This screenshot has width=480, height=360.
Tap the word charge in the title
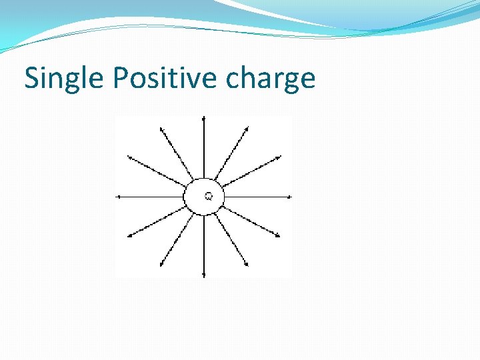point(270,79)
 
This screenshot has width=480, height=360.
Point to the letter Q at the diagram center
point(209,196)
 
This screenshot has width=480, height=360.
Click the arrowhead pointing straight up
point(204,118)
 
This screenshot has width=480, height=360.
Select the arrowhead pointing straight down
point(204,275)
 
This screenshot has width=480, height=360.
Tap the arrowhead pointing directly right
point(289,197)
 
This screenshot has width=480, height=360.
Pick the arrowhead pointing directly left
point(119,197)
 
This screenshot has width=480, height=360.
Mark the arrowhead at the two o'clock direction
point(279,157)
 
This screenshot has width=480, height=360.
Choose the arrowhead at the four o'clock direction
point(278,235)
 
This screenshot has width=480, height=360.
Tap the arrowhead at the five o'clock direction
point(247,265)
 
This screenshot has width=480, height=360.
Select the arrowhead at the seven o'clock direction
point(161,265)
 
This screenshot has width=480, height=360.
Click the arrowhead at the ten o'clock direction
point(129,157)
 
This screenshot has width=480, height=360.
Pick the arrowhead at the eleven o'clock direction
point(160,127)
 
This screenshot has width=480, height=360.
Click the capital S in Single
point(32,78)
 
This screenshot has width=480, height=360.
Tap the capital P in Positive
point(121,78)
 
